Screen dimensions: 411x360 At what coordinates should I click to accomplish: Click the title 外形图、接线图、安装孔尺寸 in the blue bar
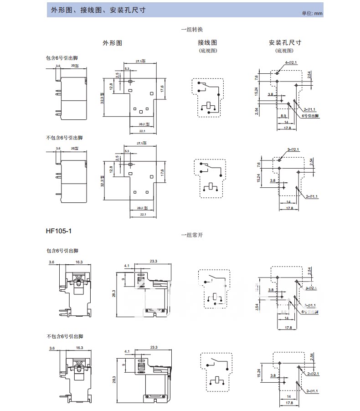point(98,10)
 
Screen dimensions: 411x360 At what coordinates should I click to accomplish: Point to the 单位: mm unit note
point(312,13)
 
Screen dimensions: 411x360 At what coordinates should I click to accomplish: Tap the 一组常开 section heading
point(192,235)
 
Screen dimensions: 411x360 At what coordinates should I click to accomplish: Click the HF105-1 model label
point(59,231)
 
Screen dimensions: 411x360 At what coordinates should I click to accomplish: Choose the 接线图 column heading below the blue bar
point(207,42)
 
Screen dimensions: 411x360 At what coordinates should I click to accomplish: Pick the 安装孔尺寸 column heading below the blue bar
point(285,42)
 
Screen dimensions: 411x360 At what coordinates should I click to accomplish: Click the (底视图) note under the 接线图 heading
point(208,51)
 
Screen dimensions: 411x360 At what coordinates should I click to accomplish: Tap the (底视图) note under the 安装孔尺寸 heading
point(285,51)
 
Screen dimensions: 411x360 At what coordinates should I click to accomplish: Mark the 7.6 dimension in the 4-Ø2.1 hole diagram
point(257,77)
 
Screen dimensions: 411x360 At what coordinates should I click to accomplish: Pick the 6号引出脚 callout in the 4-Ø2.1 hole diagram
point(311,116)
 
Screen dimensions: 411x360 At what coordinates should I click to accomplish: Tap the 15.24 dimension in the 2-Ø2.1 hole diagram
point(258,373)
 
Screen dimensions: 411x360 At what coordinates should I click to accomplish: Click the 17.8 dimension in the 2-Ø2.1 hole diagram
point(288,403)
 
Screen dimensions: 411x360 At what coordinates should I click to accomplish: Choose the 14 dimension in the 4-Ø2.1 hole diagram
point(287,123)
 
